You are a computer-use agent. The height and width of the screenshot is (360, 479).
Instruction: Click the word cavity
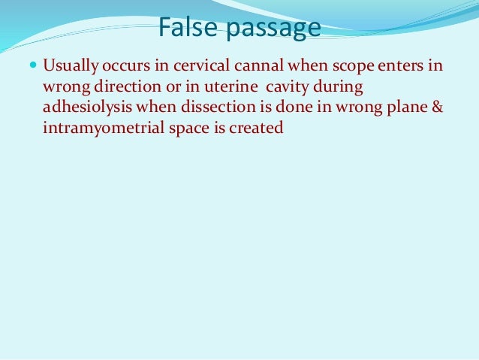(x=278, y=89)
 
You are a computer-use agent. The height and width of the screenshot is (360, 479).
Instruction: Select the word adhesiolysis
(x=85, y=108)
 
